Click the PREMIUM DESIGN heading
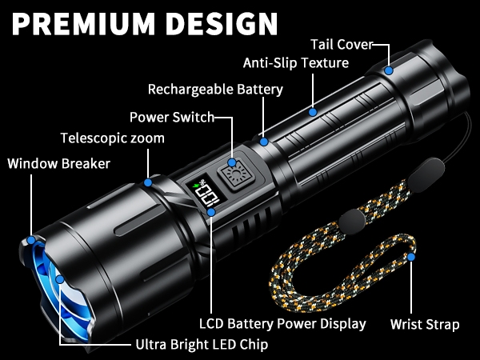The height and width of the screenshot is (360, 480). pyautogui.click(x=145, y=23)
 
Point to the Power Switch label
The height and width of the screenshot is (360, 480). pyautogui.click(x=172, y=117)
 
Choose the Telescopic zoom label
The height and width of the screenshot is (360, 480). pyautogui.click(x=112, y=138)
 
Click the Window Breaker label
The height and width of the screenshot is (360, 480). pyautogui.click(x=59, y=163)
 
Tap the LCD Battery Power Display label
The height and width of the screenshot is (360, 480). pyautogui.click(x=282, y=324)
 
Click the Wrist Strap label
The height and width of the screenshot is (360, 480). pyautogui.click(x=425, y=324)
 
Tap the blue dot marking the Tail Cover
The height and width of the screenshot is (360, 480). pyautogui.click(x=389, y=70)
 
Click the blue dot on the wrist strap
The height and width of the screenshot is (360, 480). pyautogui.click(x=411, y=257)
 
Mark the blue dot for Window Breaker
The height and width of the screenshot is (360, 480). pyautogui.click(x=31, y=240)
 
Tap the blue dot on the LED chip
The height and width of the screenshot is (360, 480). pyautogui.click(x=60, y=279)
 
